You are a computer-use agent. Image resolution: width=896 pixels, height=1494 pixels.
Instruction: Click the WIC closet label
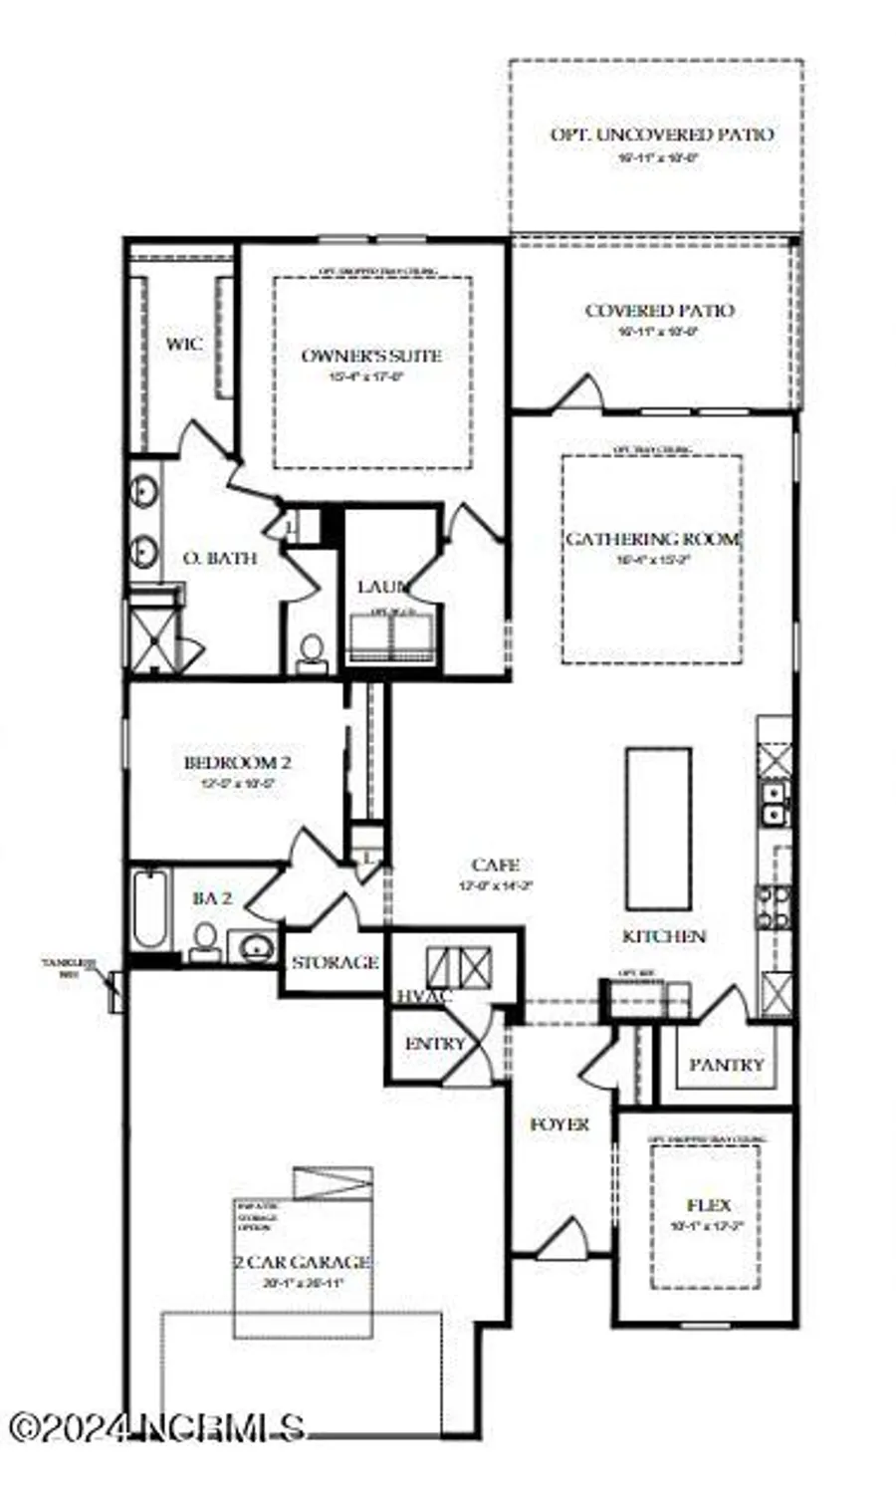183,345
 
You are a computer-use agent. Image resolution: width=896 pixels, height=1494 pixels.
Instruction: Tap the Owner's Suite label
371,356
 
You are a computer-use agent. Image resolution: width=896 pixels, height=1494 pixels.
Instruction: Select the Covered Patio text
659,311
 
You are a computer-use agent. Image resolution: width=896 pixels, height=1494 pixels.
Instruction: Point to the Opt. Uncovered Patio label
661,134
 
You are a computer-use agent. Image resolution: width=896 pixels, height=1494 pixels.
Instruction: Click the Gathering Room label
653,539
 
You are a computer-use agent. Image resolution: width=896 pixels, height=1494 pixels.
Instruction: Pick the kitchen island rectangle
658,828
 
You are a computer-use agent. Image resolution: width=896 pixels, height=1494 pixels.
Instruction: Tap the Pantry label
727,1064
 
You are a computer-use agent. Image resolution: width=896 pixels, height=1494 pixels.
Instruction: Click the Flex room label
708,1204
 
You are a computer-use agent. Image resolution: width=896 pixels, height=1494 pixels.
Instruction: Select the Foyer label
559,1123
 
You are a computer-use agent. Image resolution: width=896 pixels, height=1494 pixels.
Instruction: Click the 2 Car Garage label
302,1262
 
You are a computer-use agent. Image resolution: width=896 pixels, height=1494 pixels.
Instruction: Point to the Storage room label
335,962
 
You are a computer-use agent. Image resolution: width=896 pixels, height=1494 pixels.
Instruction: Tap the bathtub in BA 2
151,908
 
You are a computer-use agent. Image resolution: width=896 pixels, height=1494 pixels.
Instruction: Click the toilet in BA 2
205,939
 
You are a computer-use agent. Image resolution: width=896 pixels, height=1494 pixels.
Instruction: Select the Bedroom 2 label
237,763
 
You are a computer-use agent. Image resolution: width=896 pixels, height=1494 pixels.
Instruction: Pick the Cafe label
495,865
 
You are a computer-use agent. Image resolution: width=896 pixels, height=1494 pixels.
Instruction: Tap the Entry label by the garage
435,1044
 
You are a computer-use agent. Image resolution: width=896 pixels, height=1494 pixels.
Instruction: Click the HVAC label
424,996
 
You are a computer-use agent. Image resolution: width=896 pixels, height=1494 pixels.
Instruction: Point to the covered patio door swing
580,392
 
